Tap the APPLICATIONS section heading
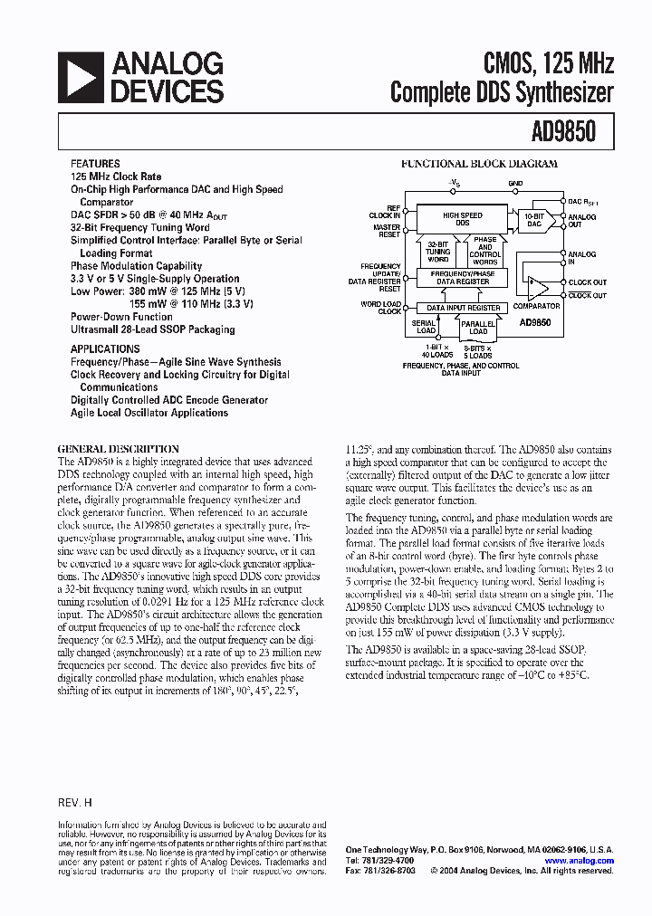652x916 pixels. [x=105, y=348]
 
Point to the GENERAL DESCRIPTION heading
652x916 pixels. [x=118, y=449]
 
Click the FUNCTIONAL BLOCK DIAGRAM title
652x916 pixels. [x=479, y=165]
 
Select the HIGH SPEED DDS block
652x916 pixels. [x=462, y=218]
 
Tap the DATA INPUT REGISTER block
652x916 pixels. [x=463, y=308]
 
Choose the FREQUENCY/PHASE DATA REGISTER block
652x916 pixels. [x=463, y=278]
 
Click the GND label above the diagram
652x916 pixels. [x=515, y=184]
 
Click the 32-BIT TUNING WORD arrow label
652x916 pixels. [x=437, y=251]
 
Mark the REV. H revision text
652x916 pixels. [x=75, y=803]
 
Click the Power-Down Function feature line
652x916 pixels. [x=121, y=317]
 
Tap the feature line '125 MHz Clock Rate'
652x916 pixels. [x=116, y=177]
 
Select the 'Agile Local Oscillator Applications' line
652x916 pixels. [x=149, y=413]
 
